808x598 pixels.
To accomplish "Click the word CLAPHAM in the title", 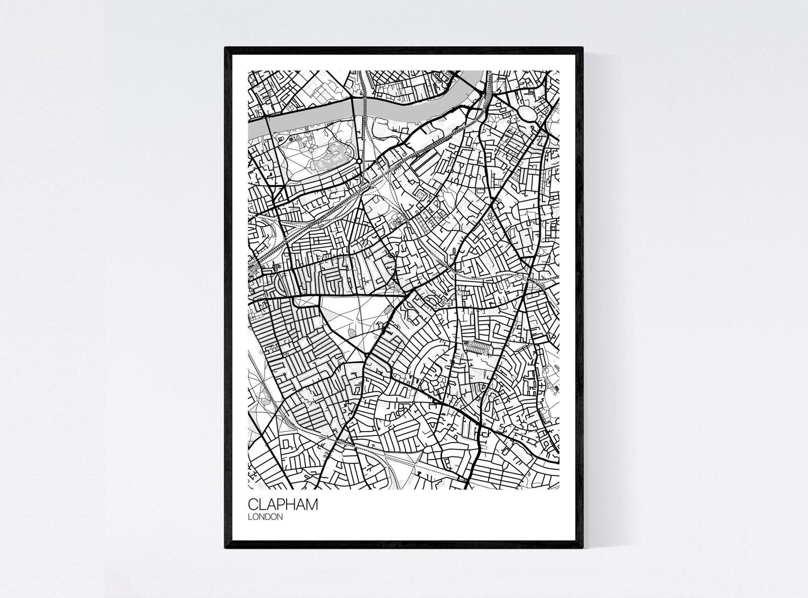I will coord(283,505).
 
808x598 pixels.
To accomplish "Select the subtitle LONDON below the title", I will coord(265,517).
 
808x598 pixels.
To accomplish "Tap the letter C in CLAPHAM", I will coord(253,505).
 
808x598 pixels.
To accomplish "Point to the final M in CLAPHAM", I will coord(311,505).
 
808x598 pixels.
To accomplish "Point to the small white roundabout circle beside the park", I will coord(358,161).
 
